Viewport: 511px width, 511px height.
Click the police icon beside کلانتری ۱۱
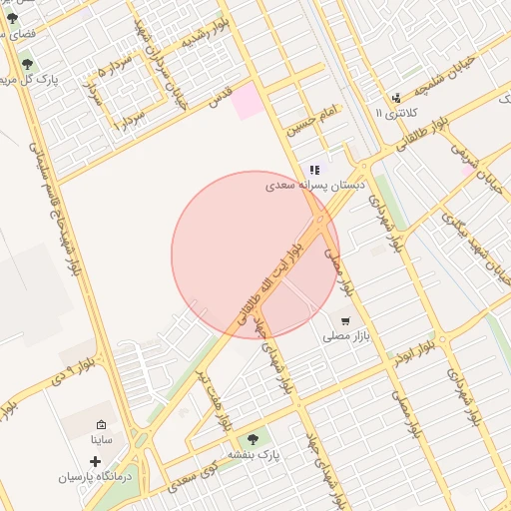(396, 98)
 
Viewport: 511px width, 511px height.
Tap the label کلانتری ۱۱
(393, 115)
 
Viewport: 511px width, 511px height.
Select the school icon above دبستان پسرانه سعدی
(315, 171)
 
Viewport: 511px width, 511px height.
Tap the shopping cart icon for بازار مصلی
(345, 321)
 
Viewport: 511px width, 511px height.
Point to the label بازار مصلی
(345, 337)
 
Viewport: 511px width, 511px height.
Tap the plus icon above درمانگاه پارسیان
(95, 461)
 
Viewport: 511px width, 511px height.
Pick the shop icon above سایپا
(101, 424)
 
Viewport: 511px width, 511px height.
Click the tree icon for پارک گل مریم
(27, 64)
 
